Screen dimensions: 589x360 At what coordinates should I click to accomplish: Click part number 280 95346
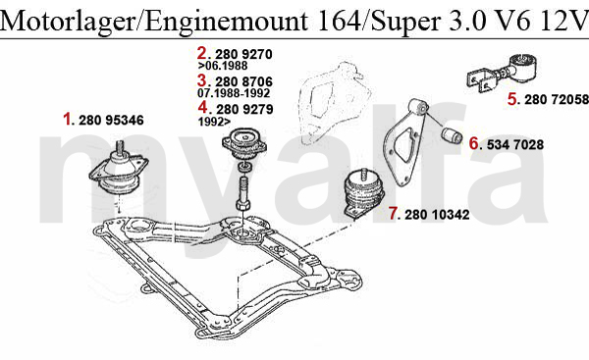pos(111,120)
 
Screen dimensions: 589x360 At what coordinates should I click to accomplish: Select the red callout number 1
pos(67,120)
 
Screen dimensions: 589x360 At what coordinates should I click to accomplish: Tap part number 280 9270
pos(243,54)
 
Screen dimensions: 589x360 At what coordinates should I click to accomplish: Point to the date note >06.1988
pos(223,66)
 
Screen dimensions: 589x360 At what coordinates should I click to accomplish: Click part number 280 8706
pos(243,81)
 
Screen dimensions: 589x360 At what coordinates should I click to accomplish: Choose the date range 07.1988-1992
pos(234,93)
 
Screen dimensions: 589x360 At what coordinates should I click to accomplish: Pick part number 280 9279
pos(244,109)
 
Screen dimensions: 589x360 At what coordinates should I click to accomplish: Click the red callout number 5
pos(512,99)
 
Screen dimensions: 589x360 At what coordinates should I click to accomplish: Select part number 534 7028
pos(515,144)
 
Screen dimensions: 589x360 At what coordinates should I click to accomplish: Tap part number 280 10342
pos(437,215)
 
